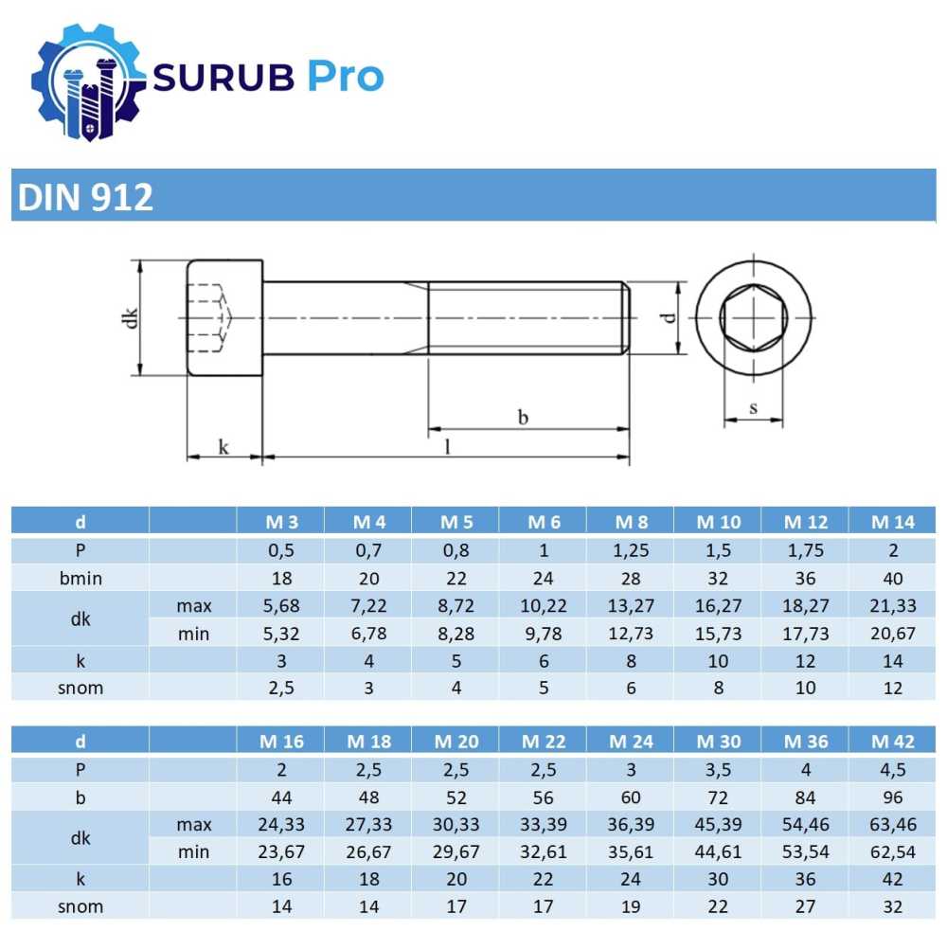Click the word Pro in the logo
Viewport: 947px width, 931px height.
[345, 76]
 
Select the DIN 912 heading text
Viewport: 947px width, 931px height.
[85, 197]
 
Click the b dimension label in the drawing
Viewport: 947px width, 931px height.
[522, 417]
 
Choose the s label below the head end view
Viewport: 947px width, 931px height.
[753, 408]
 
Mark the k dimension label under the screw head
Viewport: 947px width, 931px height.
[223, 447]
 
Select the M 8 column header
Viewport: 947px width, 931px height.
[631, 522]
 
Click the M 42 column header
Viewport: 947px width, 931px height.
[892, 742]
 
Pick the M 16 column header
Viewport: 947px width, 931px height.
[281, 742]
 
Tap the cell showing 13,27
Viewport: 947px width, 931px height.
[631, 605]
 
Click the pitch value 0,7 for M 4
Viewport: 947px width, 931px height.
[368, 550]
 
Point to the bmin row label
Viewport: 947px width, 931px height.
[80, 578]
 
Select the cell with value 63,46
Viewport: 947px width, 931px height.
[892, 825]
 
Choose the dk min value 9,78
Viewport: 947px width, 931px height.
[544, 634]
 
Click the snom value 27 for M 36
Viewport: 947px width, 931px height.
[805, 906]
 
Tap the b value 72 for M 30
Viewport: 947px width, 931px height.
[718, 797]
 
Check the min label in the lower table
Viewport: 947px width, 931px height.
[193, 852]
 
